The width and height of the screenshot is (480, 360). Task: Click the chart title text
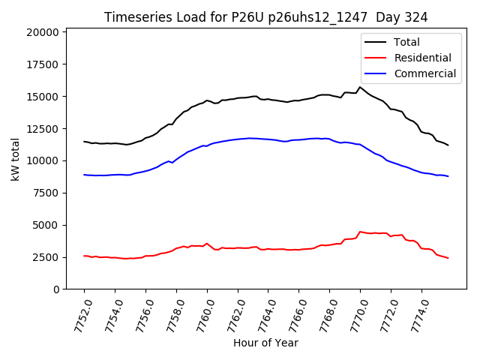(271, 17)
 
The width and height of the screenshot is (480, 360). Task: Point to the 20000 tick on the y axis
(43, 32)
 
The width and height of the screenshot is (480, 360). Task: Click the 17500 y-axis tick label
(43, 64)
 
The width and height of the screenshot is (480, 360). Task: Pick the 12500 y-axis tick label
(43, 129)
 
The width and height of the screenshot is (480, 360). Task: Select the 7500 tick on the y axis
(46, 193)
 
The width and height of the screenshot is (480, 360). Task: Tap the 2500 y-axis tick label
(46, 257)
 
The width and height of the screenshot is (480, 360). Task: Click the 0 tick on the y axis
(56, 289)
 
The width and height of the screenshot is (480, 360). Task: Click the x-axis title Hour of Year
(265, 343)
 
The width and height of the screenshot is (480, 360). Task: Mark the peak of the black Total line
(360, 87)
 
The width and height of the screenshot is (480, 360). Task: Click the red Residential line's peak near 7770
(360, 232)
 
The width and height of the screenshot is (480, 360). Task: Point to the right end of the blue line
(448, 176)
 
